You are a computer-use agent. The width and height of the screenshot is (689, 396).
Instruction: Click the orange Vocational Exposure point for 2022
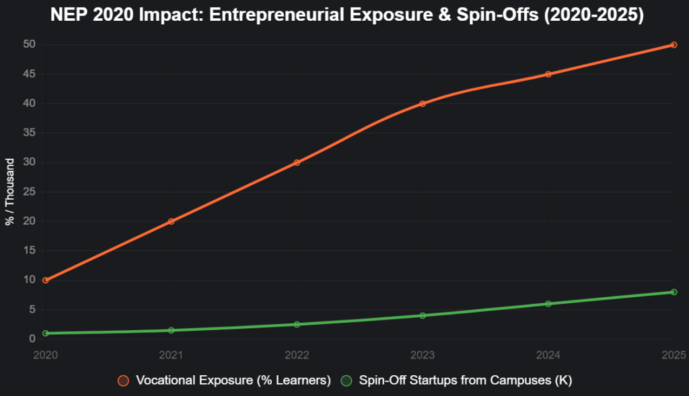pyautogui.click(x=297, y=163)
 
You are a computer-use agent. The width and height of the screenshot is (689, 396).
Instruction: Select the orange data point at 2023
pyautogui.click(x=423, y=104)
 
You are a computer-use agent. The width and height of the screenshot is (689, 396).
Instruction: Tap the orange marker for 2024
pyautogui.click(x=548, y=74)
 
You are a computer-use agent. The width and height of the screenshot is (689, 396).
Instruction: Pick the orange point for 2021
pyautogui.click(x=171, y=221)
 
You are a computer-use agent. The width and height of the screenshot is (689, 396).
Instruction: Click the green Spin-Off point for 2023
pyautogui.click(x=423, y=315)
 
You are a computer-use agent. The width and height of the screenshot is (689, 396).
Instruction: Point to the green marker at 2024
pyautogui.click(x=548, y=304)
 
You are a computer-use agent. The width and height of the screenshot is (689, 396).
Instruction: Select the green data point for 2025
pyautogui.click(x=674, y=292)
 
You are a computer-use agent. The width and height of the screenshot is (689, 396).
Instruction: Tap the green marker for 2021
pyautogui.click(x=171, y=330)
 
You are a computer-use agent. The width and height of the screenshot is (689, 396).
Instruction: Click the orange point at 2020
pyautogui.click(x=45, y=280)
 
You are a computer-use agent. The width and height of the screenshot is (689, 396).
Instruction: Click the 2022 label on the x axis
pyautogui.click(x=297, y=354)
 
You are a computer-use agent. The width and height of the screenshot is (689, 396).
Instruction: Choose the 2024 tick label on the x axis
pyautogui.click(x=548, y=354)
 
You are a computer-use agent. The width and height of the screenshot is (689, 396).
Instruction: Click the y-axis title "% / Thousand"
pyautogui.click(x=10, y=192)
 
